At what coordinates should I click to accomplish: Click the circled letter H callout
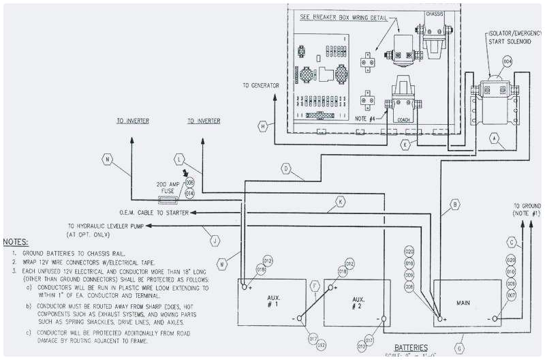[x=262, y=125]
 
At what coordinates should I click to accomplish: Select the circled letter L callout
[x=180, y=159]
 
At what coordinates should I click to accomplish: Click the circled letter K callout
[x=339, y=201]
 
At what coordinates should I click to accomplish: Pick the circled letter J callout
[x=215, y=239]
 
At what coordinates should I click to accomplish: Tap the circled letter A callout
[x=495, y=137]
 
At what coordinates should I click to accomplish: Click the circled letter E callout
[x=405, y=145]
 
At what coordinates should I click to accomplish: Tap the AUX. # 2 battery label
[x=356, y=302]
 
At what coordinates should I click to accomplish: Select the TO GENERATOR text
[x=261, y=85]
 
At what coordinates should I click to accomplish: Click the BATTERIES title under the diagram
[x=415, y=346]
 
